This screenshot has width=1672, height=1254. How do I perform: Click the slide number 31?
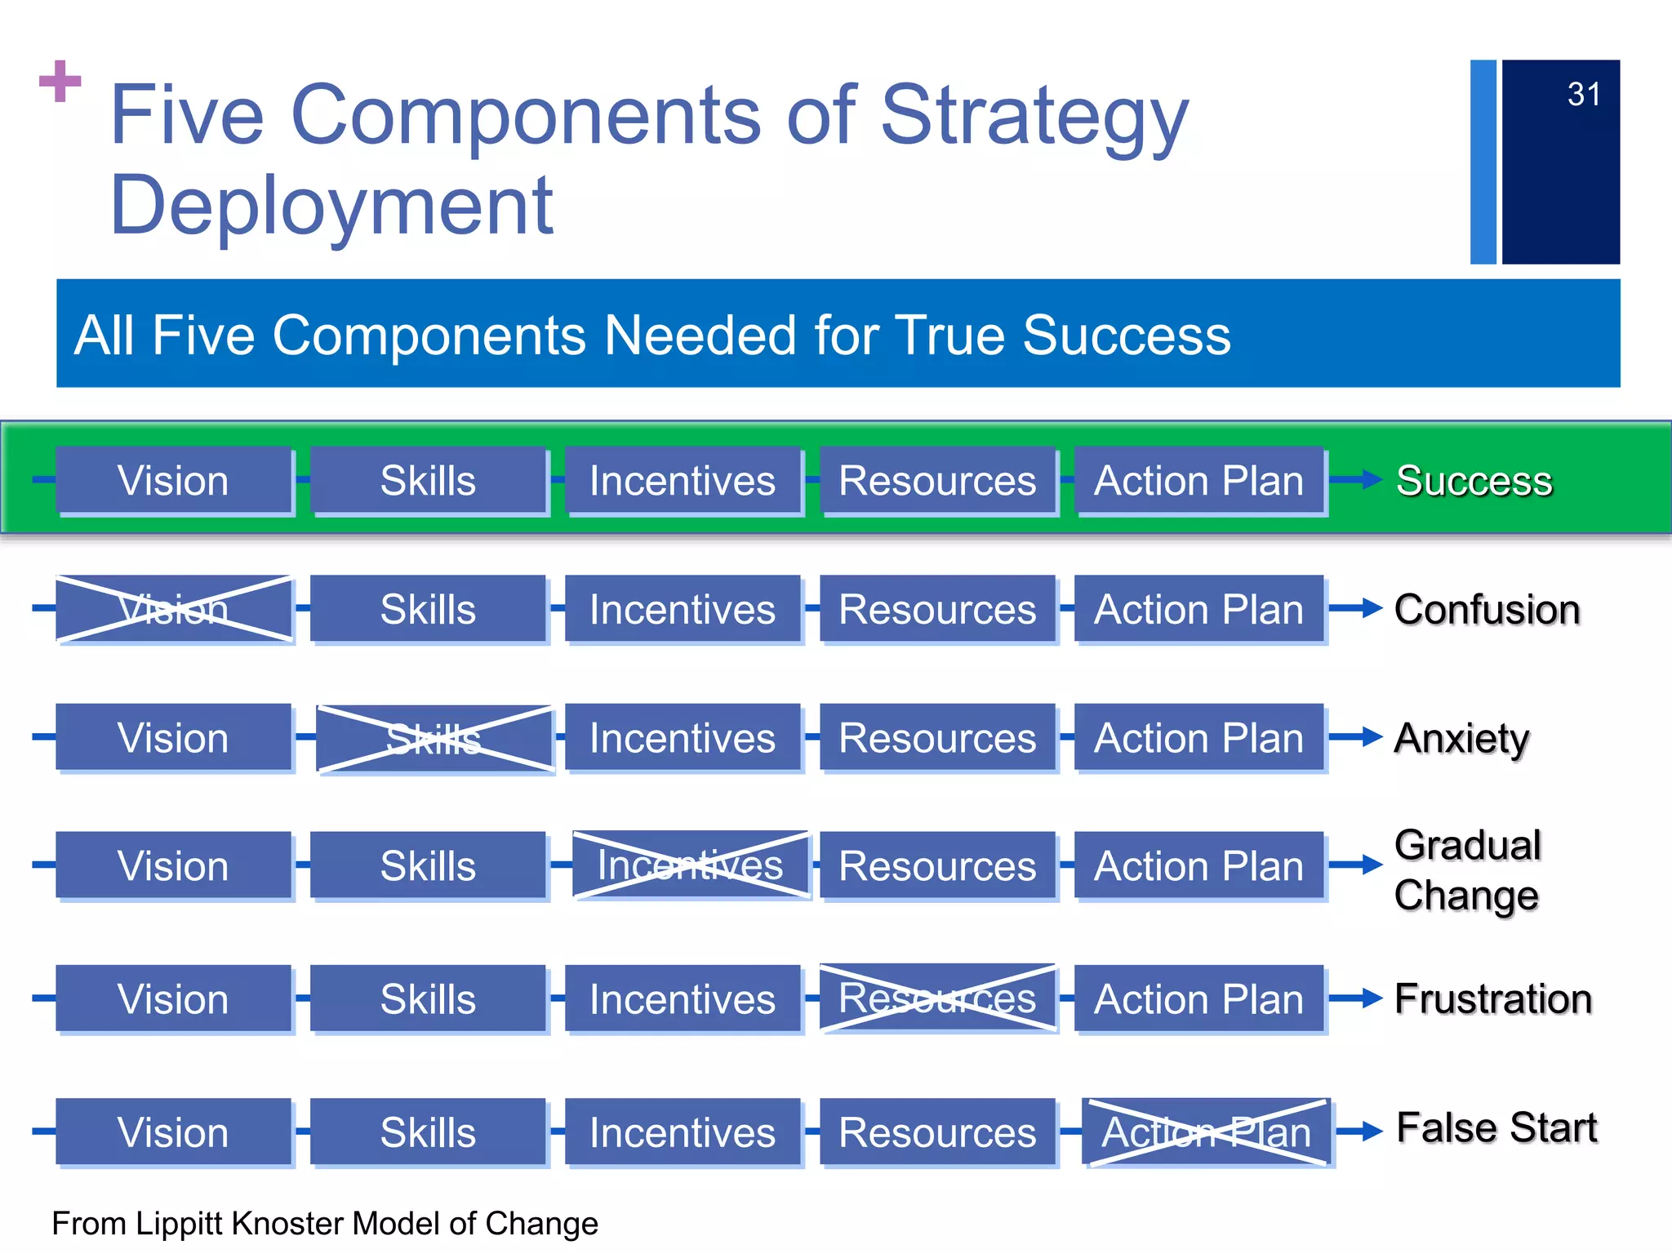pos(1583,95)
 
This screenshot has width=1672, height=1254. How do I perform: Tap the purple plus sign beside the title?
pos(60,81)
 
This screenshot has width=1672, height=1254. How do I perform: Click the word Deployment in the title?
pos(331,206)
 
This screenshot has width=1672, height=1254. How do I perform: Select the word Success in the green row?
pos(1474,481)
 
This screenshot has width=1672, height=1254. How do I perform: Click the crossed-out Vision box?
pos(174,609)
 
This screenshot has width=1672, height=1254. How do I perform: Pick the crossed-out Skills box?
pos(434,739)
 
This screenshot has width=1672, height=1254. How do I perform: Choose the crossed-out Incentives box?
pos(691,865)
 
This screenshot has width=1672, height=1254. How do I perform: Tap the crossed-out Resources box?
pos(937,998)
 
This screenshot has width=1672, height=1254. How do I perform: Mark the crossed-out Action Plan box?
pos(1206,1132)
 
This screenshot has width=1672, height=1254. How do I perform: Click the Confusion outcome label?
pos(1487,610)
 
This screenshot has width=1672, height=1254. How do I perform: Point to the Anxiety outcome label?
pos(1461,739)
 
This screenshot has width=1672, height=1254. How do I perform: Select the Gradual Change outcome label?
pos(1467,870)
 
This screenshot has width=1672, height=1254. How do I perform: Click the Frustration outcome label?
pos(1493,999)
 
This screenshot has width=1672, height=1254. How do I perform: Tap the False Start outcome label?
pos(1496,1128)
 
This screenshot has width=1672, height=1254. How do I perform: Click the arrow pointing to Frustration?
pos(1356,998)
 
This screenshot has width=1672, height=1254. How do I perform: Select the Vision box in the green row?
pos(174,481)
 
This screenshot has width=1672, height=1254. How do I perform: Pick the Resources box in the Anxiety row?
pos(937,739)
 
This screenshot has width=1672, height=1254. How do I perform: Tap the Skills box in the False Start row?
pos(428,1132)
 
